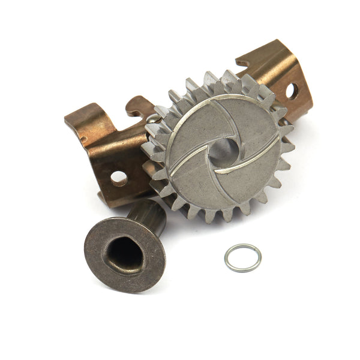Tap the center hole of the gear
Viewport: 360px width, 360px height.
coord(221,151)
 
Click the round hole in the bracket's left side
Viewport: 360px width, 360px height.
coord(118,178)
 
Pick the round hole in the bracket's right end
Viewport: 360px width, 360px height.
coord(289,91)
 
